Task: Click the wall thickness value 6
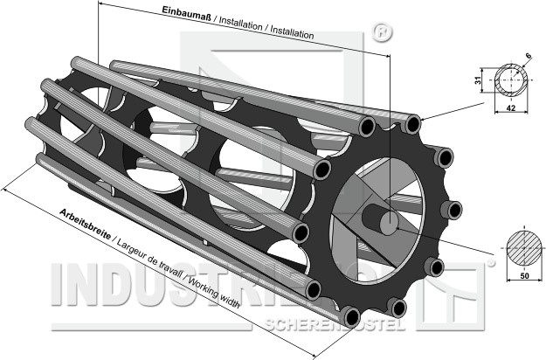529,59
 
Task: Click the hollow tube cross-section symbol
510,80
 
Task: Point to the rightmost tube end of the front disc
453,210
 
